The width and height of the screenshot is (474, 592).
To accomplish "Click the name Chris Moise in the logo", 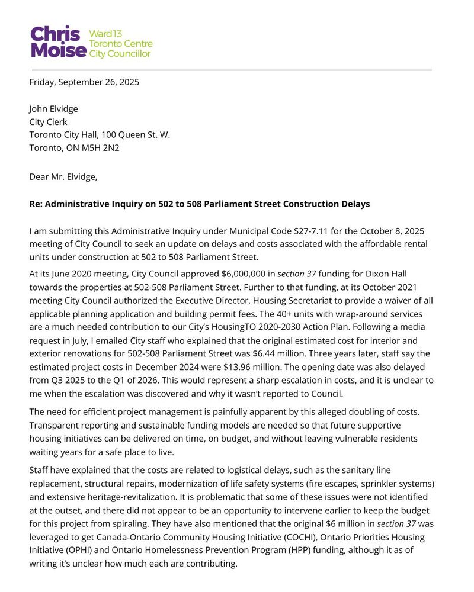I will coord(58,42).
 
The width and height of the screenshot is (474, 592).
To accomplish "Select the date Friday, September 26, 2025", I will coord(84,82).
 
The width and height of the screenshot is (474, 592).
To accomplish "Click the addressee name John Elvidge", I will coord(53,109).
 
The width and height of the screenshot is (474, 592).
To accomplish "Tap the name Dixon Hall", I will coord(386,274).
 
